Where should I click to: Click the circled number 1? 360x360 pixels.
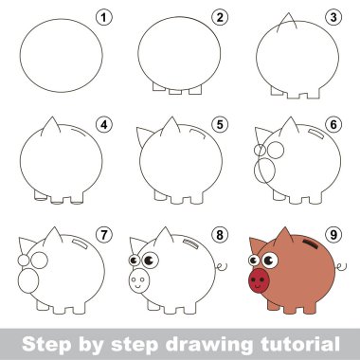point(104,18)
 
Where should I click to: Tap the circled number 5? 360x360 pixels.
point(220,125)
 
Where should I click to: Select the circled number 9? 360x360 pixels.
point(333,235)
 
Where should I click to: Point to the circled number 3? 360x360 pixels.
point(333,18)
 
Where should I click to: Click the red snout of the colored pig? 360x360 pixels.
point(259,280)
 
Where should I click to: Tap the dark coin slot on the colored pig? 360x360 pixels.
point(312,244)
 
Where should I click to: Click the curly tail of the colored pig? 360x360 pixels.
point(341,267)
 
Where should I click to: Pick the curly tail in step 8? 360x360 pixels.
point(222,267)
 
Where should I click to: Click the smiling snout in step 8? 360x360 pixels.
point(139,280)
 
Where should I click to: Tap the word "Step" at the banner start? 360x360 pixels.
point(46,345)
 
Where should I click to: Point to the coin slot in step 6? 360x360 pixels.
point(315,134)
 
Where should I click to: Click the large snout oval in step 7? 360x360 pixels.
point(28,280)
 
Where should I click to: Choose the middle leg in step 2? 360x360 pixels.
point(175,92)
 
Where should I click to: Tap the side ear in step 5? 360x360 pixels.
point(144,135)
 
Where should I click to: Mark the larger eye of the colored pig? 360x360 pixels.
point(270,261)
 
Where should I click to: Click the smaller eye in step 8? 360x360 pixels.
point(134,261)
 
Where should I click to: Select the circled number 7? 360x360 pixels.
point(104,235)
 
